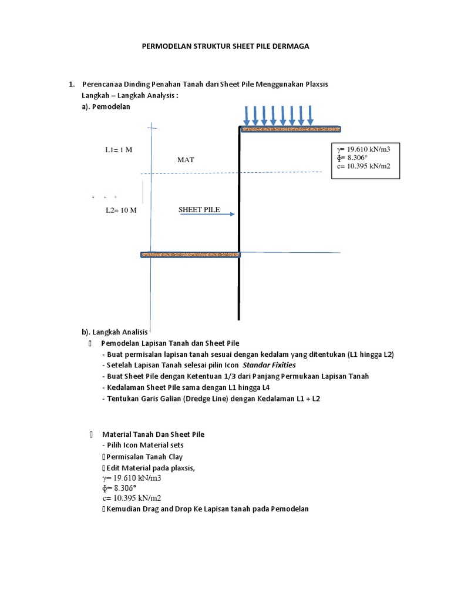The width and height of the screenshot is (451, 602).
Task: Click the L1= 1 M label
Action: (119, 150)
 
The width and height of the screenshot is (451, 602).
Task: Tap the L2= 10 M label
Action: (121, 210)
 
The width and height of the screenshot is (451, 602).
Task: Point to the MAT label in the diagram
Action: (186, 159)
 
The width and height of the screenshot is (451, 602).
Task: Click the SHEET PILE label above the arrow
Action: (199, 209)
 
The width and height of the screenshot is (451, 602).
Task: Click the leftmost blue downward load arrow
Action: (246, 115)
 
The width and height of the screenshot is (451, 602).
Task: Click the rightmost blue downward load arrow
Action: (310, 115)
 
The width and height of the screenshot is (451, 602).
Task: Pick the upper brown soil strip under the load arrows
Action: (291, 129)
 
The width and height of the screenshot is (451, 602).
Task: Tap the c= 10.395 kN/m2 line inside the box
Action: (364, 166)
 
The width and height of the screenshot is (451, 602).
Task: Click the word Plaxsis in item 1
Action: (314, 84)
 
